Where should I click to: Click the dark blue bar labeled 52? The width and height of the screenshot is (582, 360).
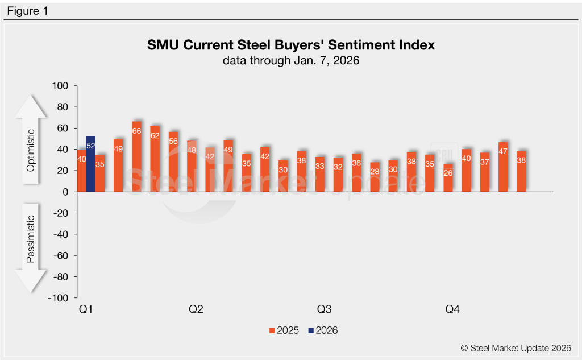tap(91, 164)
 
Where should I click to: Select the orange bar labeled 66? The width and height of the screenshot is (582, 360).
tap(137, 157)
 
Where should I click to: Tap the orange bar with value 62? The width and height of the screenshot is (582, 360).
tap(155, 159)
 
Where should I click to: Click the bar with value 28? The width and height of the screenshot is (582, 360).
tap(375, 177)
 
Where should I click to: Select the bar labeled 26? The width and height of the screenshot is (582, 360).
tap(448, 178)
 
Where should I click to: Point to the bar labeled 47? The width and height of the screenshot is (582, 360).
tap(503, 167)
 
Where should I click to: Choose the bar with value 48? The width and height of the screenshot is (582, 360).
tap(192, 167)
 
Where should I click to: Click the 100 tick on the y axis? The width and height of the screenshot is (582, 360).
tap(60, 86)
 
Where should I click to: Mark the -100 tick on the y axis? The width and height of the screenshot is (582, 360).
tap(59, 298)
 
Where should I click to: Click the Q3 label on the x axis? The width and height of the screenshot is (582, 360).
tap(324, 310)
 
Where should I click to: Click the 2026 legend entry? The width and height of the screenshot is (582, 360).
tap(322, 330)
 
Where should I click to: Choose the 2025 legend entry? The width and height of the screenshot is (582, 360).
tap(284, 330)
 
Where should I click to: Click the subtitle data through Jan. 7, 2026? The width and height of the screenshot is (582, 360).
tap(290, 60)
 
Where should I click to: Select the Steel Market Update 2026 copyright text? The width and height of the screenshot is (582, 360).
tap(516, 348)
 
